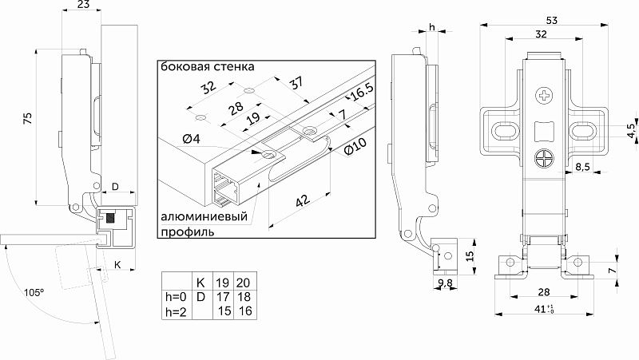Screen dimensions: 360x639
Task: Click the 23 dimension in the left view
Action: click(83, 6)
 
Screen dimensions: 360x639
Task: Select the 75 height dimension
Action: click(27, 117)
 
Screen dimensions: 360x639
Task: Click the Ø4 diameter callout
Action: click(190, 140)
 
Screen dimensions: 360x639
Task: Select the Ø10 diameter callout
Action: click(354, 148)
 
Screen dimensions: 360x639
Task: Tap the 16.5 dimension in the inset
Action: click(361, 94)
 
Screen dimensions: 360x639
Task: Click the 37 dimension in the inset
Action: click(296, 83)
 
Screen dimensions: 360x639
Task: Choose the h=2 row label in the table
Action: click(174, 311)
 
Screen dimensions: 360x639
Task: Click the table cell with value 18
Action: click(244, 296)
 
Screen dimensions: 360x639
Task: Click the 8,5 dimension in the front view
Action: click(583, 167)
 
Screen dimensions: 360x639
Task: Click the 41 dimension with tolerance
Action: click(545, 308)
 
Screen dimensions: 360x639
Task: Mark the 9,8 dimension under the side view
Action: click(446, 283)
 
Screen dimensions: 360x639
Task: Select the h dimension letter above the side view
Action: click(431, 27)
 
